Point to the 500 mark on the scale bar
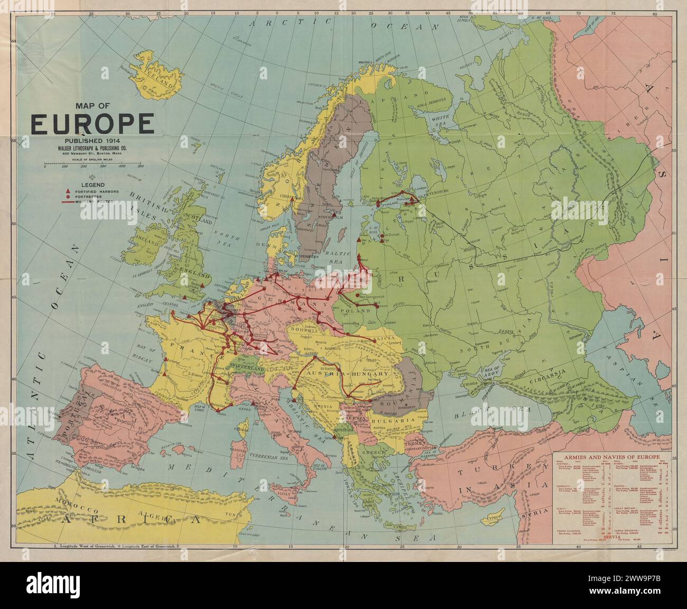(141, 166)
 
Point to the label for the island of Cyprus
(496, 518)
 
